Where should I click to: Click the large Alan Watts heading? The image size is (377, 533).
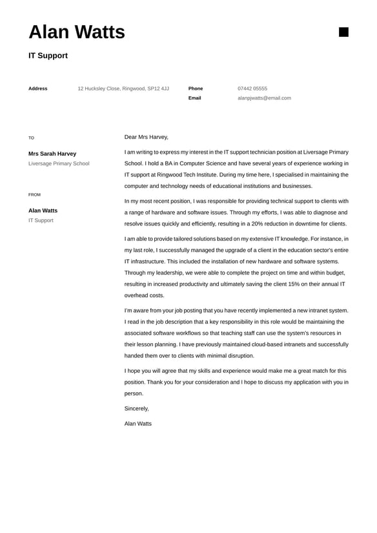[77, 32]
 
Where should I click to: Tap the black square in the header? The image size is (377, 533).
[343, 32]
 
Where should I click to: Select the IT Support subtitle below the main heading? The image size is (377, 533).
[48, 56]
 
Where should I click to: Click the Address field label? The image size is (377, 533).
[37, 89]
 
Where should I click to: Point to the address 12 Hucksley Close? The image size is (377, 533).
[123, 89]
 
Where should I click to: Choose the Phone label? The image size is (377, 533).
[196, 89]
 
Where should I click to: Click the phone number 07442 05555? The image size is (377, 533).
[252, 89]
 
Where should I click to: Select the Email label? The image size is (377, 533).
[194, 98]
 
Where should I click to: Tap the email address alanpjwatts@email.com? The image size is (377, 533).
[264, 98]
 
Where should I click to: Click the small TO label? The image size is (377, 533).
[31, 138]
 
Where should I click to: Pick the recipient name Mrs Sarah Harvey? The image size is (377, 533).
[52, 154]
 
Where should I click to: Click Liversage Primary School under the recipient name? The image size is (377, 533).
[59, 163]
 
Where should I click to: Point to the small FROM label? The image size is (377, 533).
[34, 194]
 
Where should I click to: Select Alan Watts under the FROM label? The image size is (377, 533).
[43, 211]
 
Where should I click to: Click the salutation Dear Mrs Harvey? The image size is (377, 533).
[147, 137]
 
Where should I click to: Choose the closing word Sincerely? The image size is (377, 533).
[137, 408]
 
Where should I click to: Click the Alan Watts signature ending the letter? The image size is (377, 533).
[138, 424]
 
